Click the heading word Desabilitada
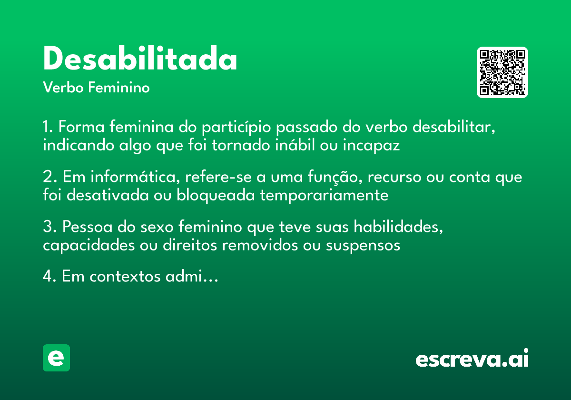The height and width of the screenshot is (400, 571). [x=140, y=59]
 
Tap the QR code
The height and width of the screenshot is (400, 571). [x=502, y=72]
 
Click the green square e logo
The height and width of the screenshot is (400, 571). [x=56, y=358]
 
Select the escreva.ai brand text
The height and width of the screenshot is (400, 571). [x=472, y=359]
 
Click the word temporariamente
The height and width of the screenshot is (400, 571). [x=324, y=195]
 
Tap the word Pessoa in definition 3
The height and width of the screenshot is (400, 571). [x=85, y=227]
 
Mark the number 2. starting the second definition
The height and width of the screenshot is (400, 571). [x=49, y=177]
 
